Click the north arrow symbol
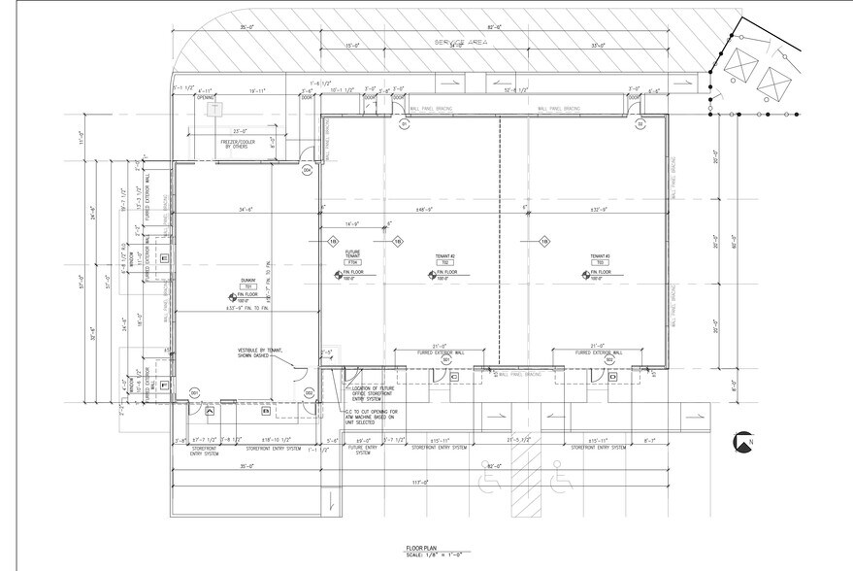[744, 443]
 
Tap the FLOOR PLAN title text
[420, 549]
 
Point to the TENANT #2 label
[446, 256]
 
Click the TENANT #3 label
[599, 256]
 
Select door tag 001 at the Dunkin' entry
[194, 391]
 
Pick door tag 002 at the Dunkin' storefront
[308, 391]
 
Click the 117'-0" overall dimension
[418, 483]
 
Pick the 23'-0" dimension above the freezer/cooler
[234, 130]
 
